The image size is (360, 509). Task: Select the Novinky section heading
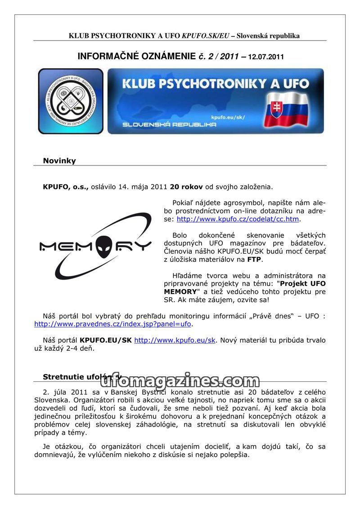pos(59,161)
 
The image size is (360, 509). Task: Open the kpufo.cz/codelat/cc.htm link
pos(238,219)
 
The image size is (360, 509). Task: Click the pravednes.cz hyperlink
pos(113,324)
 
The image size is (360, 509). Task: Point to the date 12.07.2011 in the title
pos(265,57)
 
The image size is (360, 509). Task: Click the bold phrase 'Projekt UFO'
pos(303,284)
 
